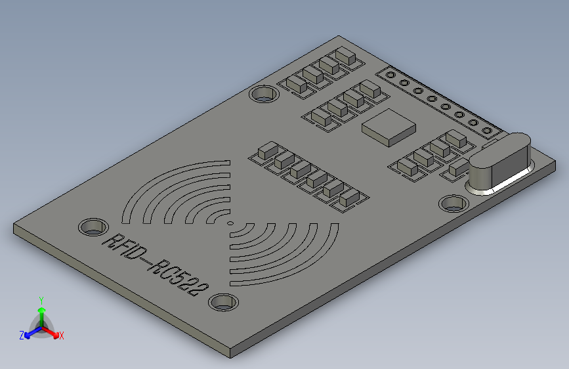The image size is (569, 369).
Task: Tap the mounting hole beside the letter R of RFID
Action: point(92,227)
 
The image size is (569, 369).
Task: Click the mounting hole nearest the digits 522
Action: point(223,303)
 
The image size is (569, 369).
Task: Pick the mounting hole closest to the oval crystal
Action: point(452,204)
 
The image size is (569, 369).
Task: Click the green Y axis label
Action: point(41,299)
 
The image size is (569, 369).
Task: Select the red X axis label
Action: point(61,336)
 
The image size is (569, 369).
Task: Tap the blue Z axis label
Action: point(22,335)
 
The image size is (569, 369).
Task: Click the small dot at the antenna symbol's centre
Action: point(230,223)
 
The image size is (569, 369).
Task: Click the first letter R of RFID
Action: point(109,241)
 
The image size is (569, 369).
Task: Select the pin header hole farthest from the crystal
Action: point(392,75)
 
